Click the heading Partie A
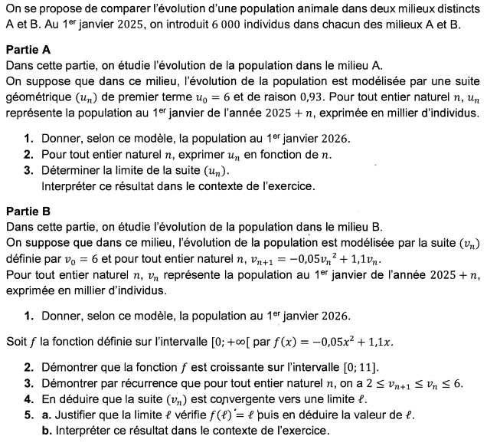pos(28,49)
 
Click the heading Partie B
pos(28,211)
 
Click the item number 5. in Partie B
pos(28,415)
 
